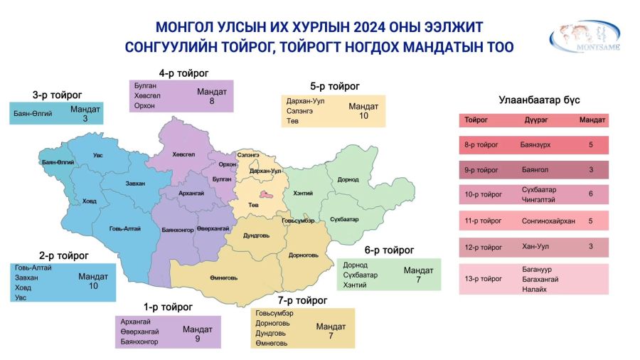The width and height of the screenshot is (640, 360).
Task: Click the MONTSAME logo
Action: pos(585,37)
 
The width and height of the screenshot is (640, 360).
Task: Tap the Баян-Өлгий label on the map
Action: pos(58,162)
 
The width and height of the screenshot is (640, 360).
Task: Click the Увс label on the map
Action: pos(98,155)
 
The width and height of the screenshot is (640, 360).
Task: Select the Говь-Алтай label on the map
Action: pos(125,228)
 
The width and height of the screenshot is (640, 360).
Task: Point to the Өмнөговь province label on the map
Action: pos(224,277)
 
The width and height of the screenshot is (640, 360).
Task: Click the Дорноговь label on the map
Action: pos(303,255)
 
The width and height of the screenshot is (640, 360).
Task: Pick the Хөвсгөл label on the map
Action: pos(183,154)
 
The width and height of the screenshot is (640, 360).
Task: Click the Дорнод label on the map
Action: pos(348,179)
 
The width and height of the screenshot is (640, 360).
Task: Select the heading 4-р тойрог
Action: pos(183,73)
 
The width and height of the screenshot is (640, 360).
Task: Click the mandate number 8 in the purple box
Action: pos(212,101)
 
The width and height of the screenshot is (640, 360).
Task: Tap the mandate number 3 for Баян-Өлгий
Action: pos(85,118)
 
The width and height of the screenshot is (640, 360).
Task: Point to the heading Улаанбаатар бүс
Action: pos(539,100)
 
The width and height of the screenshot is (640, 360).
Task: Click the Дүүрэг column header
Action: pos(536,120)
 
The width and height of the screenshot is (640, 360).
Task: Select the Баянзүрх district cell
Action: pos(535,145)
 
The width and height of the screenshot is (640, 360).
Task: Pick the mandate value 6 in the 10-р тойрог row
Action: pos(591,194)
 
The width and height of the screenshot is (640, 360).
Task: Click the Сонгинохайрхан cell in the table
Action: pos(548,221)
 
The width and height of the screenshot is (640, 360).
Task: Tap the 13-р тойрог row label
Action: pos(484,279)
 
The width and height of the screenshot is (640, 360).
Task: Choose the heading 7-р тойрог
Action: pos(302,301)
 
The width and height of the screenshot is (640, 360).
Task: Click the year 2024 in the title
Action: pos(369,27)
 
